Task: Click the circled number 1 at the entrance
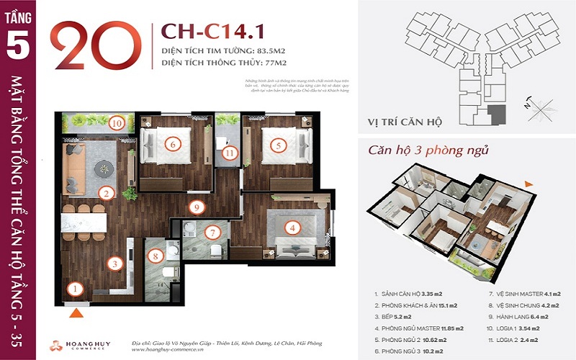74,290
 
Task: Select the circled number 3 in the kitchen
114,263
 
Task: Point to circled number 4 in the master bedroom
292,229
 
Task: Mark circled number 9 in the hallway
195,207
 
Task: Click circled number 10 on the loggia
117,122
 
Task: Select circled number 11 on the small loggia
229,153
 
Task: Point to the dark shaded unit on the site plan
495,112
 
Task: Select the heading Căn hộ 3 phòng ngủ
428,151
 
